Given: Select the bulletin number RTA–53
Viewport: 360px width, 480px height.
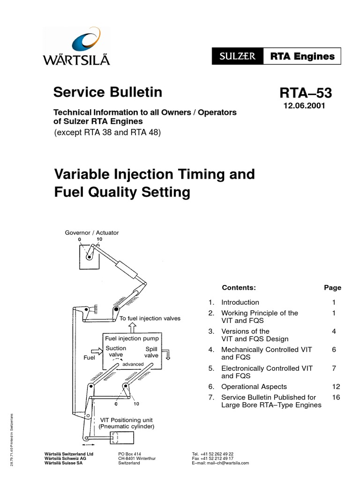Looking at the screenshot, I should [304, 93].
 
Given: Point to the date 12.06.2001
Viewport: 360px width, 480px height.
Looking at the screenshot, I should [304, 106].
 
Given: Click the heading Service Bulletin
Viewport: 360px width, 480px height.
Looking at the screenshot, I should [108, 92].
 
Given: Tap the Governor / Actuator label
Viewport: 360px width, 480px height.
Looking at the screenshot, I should [92, 232].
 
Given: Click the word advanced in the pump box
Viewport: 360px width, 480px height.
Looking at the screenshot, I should [133, 364].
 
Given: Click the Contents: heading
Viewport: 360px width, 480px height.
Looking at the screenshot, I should [239, 288].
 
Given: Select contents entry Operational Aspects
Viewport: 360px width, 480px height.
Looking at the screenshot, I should [254, 387].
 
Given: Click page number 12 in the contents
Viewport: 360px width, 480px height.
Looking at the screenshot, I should [335, 387].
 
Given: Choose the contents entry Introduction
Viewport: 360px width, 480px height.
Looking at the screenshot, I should [240, 302].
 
